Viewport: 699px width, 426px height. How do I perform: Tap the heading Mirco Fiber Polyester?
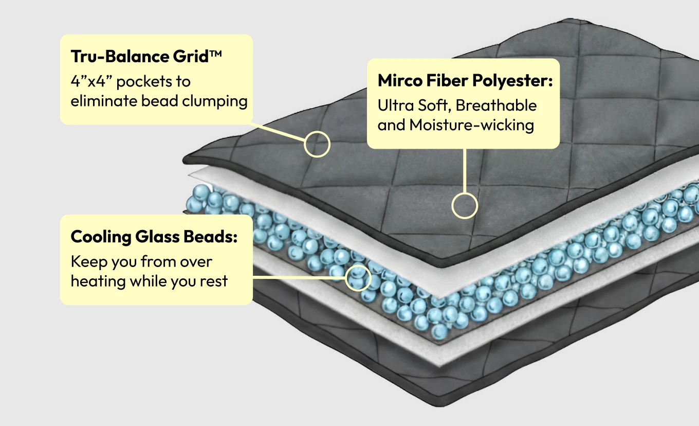click(465, 81)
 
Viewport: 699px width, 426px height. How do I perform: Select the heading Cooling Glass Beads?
click(154, 237)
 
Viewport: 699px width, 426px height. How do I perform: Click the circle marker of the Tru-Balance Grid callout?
click(317, 144)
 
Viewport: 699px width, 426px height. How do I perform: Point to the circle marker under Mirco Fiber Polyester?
click(465, 206)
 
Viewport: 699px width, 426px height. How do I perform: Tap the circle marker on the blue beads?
click(358, 278)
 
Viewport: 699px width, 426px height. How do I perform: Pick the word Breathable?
click(496, 105)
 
